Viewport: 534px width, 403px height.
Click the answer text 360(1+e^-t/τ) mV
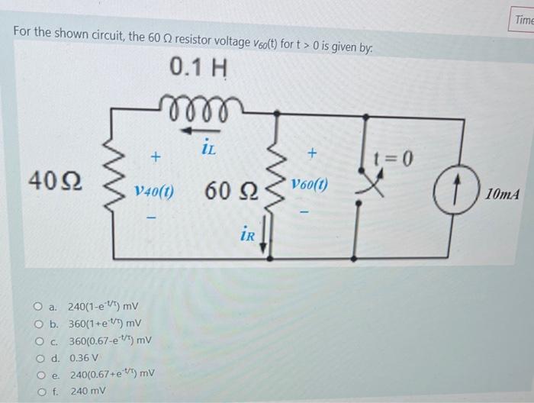point(103,324)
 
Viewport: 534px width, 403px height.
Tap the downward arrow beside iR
point(263,238)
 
